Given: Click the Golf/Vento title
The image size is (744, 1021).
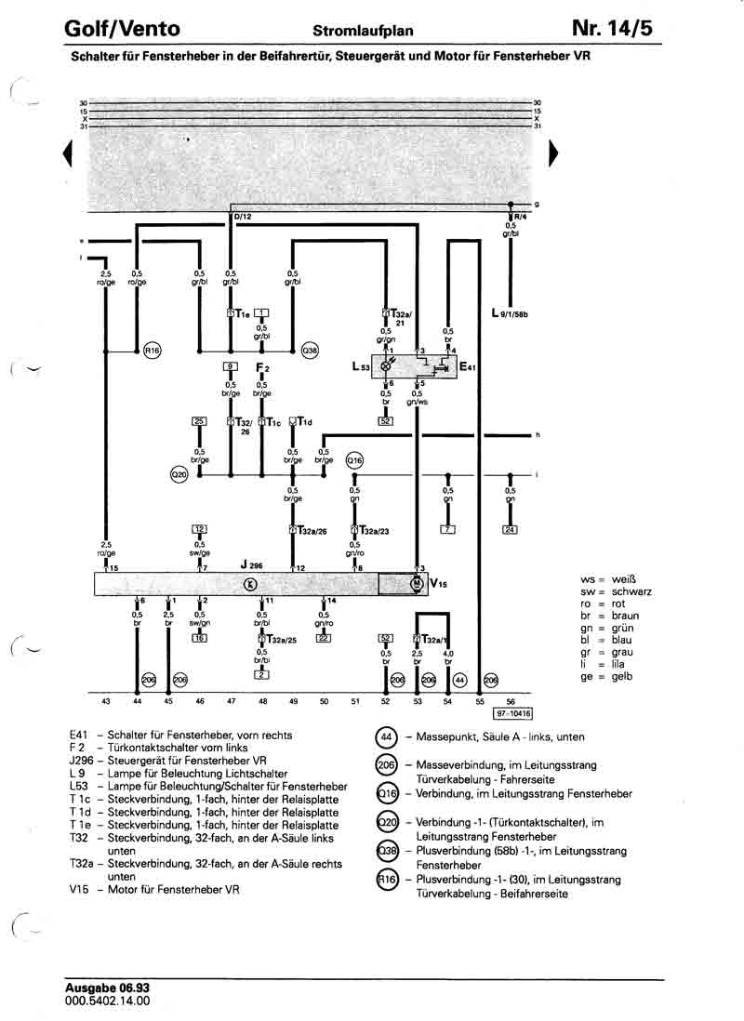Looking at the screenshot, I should [x=122, y=30].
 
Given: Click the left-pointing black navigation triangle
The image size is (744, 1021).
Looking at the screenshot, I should [x=67, y=153].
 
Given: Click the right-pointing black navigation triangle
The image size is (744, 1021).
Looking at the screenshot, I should [x=555, y=153].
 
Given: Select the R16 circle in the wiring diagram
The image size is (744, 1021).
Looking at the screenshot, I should [x=152, y=351].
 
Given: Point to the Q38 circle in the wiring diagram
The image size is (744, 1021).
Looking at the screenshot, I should [x=310, y=351].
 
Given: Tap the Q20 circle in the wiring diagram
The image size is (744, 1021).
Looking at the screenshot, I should [x=179, y=475].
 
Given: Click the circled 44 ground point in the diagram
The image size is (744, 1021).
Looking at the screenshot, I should [x=459, y=681].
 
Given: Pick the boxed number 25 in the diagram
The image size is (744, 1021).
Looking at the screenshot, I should [x=198, y=421].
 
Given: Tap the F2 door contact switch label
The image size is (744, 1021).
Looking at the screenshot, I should [x=262, y=367].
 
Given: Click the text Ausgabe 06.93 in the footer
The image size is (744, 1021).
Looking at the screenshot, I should [x=107, y=988].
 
